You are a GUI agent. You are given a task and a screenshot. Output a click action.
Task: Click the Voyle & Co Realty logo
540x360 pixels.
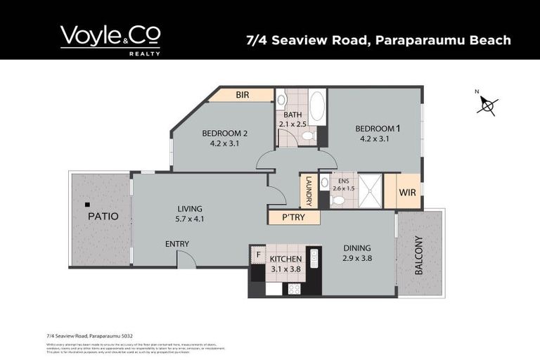[110, 39]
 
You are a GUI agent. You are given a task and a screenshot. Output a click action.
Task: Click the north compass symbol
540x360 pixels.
[487, 105]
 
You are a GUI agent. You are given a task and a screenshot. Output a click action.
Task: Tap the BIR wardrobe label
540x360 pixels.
[243, 95]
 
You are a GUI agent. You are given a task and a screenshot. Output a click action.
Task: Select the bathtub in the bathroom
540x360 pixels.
[316, 106]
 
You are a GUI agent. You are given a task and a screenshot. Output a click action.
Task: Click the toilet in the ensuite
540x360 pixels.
[337, 200]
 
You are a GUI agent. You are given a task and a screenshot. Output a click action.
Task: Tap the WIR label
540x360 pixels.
[408, 191]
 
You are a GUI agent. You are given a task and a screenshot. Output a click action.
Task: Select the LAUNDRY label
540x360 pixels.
[308, 191]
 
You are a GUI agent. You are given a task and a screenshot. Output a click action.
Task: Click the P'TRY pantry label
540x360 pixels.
[293, 217]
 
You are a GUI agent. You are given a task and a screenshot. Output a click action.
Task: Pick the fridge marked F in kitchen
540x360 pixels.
[258, 255]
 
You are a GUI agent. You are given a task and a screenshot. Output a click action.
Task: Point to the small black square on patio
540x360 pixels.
[87, 205]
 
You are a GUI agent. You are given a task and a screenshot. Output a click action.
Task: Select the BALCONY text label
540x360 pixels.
[420, 254]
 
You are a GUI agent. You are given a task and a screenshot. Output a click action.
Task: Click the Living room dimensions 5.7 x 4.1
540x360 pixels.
[190, 219]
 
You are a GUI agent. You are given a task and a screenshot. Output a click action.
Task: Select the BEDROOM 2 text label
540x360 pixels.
[225, 134]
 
